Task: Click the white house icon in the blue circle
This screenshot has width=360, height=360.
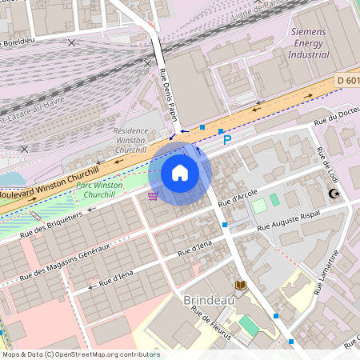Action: click(x=180, y=173)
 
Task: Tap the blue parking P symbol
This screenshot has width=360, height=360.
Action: click(x=227, y=139)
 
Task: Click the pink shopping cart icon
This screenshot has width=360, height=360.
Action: click(x=152, y=195)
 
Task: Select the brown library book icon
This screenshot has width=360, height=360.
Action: click(x=241, y=284)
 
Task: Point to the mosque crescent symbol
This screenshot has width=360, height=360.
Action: click(x=335, y=194)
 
